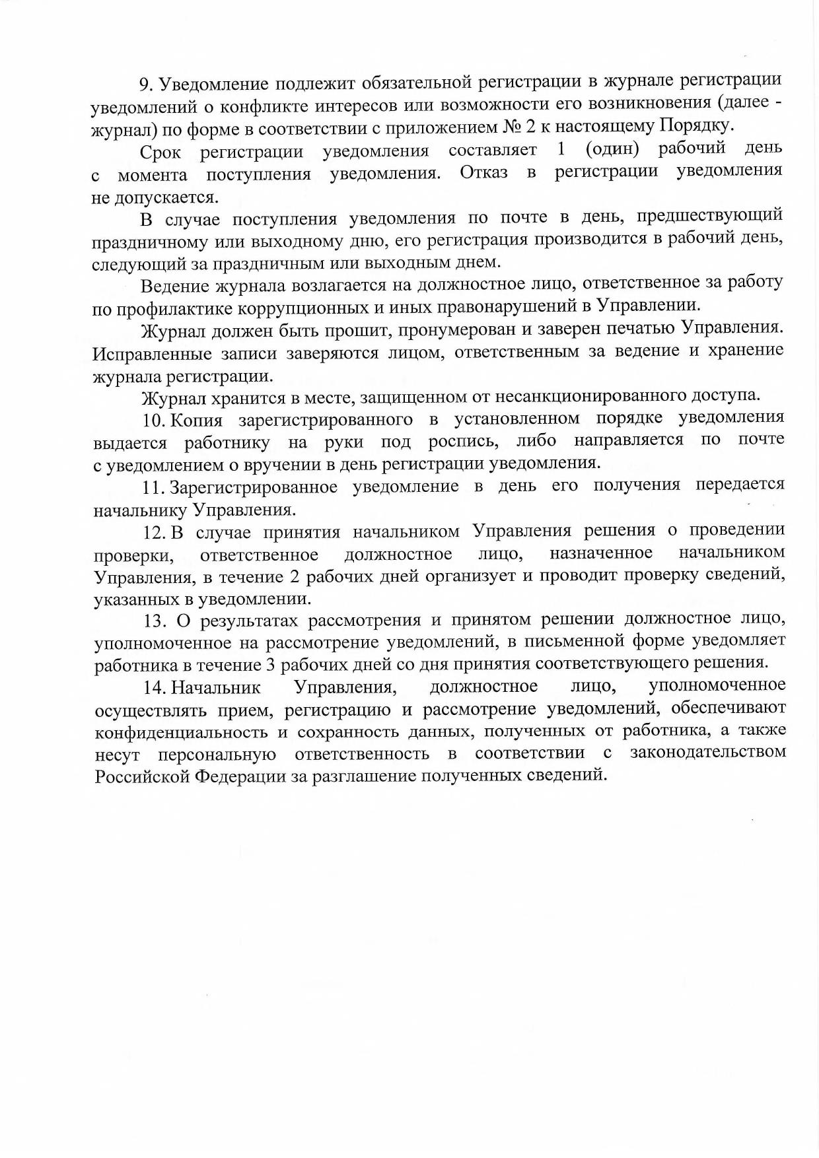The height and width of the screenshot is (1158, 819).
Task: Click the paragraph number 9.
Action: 145,85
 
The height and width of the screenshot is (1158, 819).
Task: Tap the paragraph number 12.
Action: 155,532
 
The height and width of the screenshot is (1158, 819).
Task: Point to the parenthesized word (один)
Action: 612,149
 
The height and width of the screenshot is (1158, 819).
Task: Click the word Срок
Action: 160,153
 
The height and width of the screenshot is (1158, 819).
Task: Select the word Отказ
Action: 483,173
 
